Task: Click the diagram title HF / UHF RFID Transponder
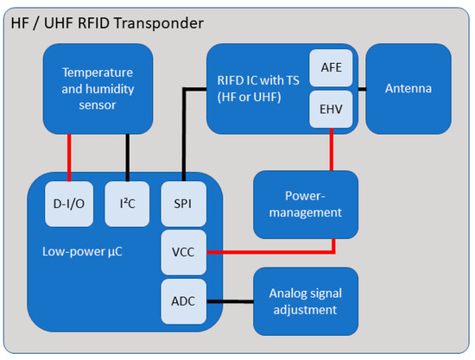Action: click(x=107, y=21)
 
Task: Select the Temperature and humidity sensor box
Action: click(x=98, y=88)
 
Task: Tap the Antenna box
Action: click(x=408, y=89)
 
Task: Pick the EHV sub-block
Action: click(x=332, y=110)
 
